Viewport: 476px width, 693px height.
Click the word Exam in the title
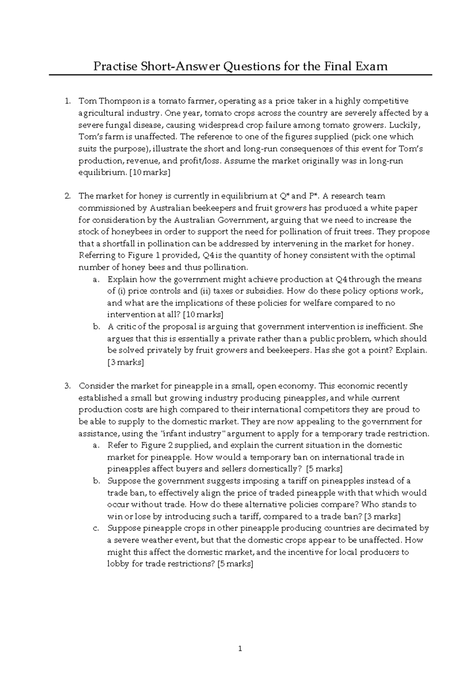click(370, 66)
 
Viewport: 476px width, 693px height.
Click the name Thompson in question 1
click(117, 101)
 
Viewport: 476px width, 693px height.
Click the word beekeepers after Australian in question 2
click(215, 208)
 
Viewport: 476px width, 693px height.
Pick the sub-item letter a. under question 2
click(96, 279)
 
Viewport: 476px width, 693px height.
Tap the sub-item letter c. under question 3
click(96, 528)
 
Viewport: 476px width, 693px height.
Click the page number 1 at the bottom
click(240, 649)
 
